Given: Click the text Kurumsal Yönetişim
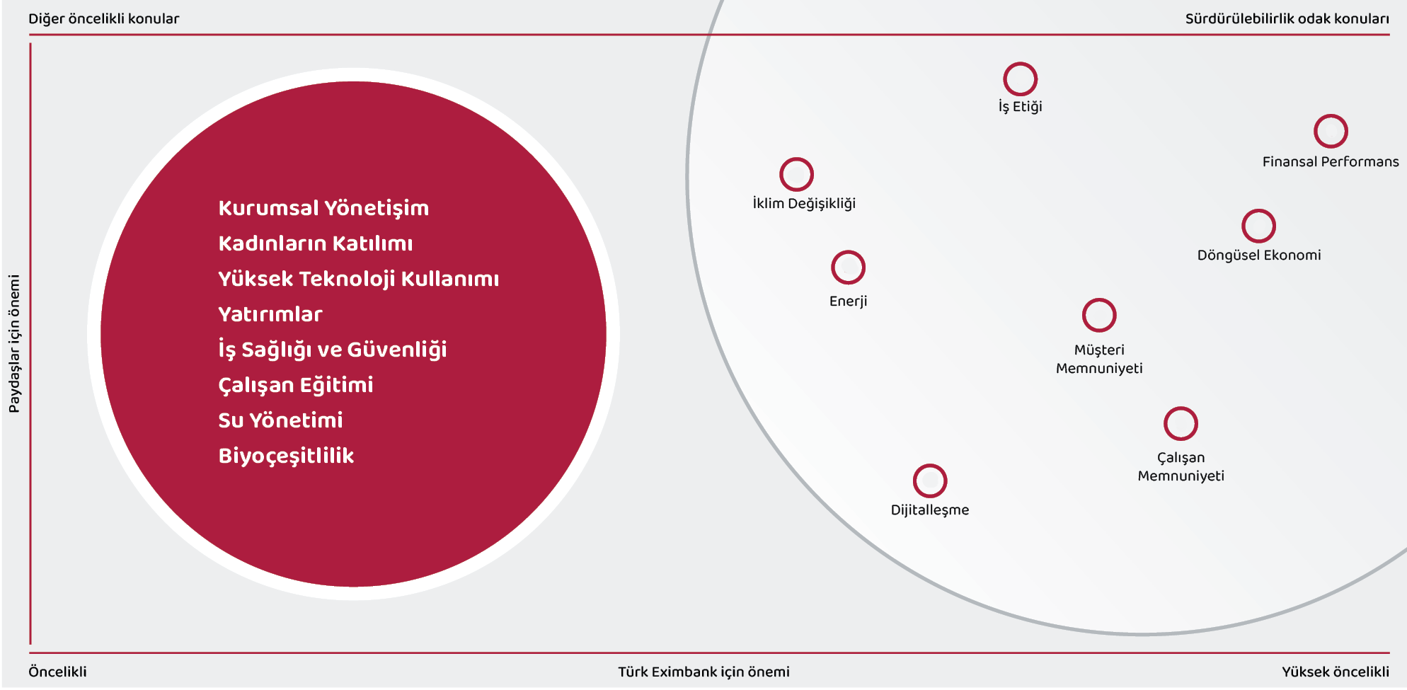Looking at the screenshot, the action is click(x=323, y=208).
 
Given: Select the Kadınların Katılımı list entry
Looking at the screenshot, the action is click(x=316, y=243).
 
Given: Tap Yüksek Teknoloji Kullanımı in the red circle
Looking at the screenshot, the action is click(x=359, y=279).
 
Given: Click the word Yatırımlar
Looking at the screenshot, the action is click(x=270, y=314).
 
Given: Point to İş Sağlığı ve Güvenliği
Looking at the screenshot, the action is click(x=333, y=350).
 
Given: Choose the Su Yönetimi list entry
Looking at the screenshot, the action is click(x=280, y=420).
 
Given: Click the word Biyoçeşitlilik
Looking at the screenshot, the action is click(x=286, y=456).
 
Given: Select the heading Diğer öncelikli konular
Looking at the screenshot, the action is click(x=104, y=19).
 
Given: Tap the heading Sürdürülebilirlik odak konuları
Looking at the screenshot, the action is click(x=1287, y=19).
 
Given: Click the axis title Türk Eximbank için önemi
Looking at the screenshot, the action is click(x=703, y=672).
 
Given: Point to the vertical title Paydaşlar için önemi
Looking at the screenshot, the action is click(x=14, y=344).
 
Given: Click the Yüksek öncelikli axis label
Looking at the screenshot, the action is click(x=1336, y=672).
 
